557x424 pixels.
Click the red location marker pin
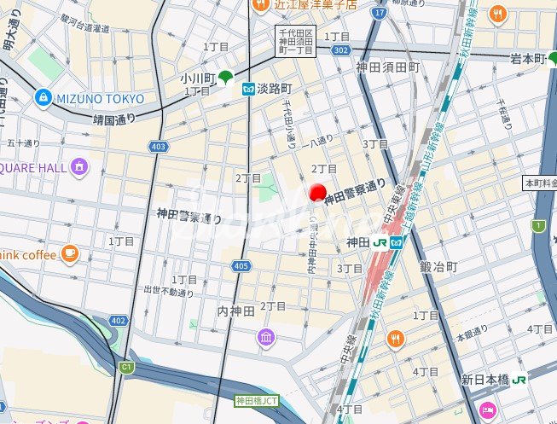318,194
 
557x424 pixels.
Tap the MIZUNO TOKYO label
100,98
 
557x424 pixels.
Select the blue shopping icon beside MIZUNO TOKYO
42,98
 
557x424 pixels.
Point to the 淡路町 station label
273,88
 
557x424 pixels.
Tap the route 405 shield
241,267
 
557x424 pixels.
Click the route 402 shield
118,320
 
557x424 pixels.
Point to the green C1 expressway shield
127,367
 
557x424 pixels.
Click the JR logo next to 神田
380,242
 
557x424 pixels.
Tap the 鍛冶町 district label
438,267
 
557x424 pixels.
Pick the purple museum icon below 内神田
267,339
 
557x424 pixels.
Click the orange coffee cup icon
69,253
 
